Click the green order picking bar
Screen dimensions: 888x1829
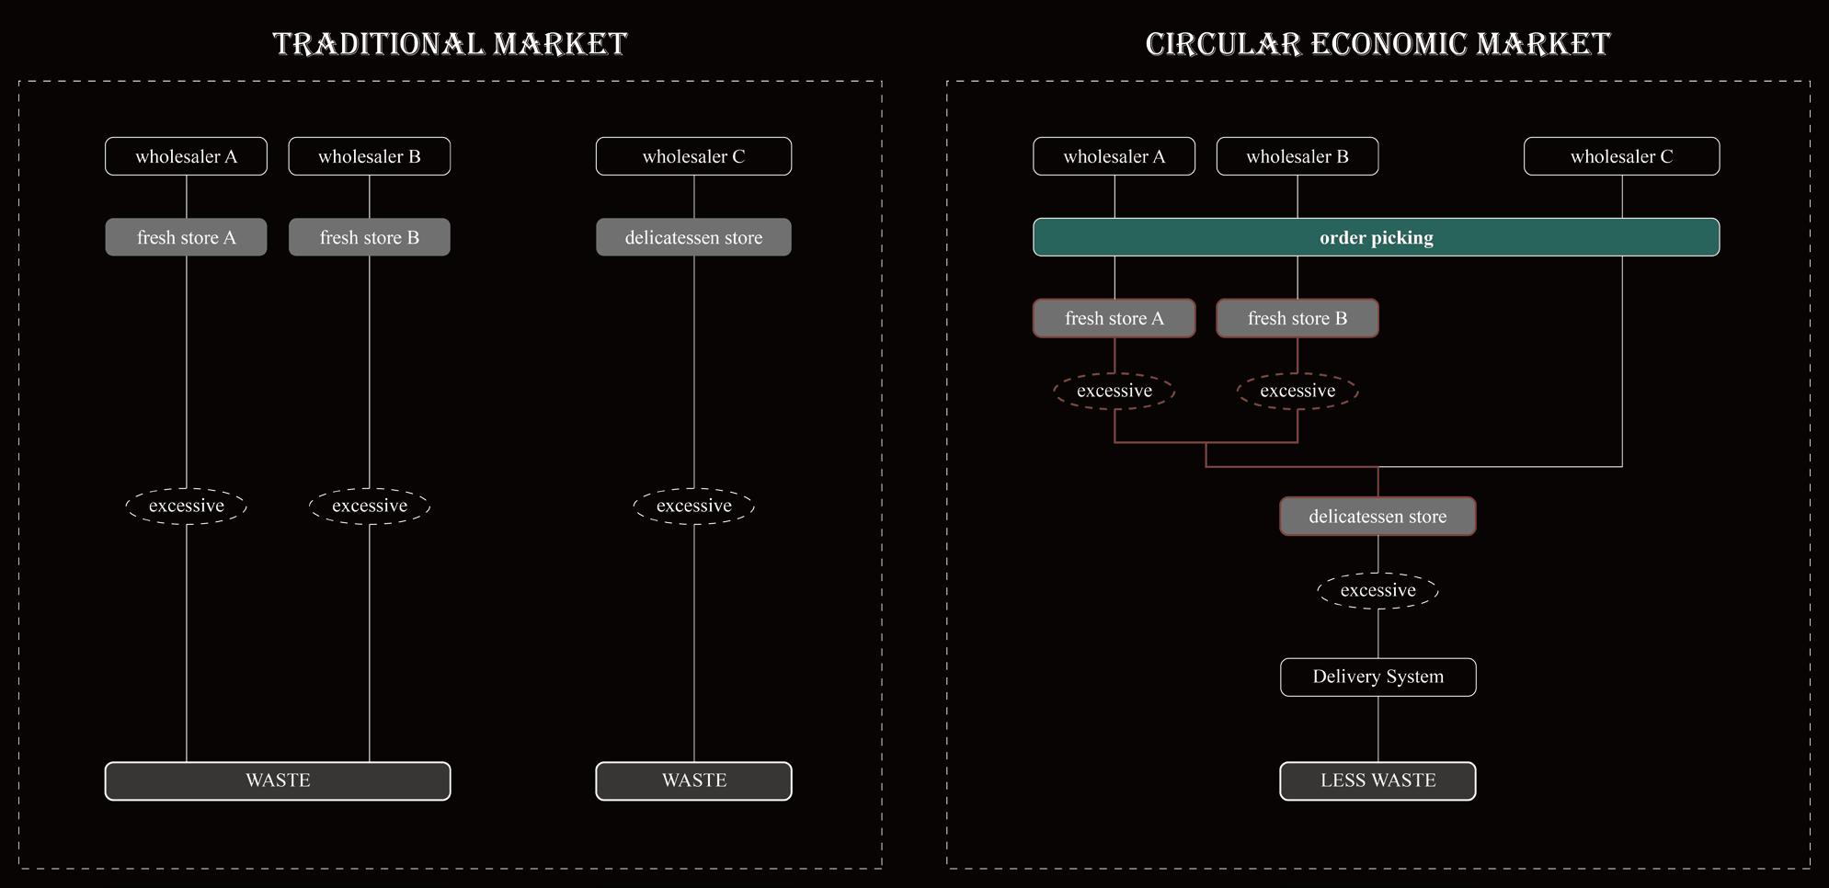(x=1376, y=237)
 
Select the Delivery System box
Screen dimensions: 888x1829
(x=1377, y=677)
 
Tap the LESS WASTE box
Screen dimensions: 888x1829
(x=1377, y=780)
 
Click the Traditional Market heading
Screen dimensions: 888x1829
(x=450, y=43)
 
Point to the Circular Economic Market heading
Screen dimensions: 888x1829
(x=1377, y=43)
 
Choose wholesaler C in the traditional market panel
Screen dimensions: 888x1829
(x=693, y=156)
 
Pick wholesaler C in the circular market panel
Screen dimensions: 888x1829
(x=1621, y=156)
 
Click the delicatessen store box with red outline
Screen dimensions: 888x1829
(x=1377, y=517)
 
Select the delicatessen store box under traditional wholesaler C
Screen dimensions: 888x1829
(x=693, y=237)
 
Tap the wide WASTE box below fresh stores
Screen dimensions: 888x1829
(x=278, y=780)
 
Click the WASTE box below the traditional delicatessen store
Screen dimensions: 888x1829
(x=693, y=780)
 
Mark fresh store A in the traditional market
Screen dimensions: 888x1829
(x=186, y=237)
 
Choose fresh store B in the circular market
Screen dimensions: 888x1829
(x=1297, y=318)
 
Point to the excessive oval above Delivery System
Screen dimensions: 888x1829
(x=1377, y=590)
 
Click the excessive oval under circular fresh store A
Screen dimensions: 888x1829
(x=1114, y=391)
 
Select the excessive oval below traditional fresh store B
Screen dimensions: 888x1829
(x=369, y=506)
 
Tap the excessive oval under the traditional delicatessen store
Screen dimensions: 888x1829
(x=693, y=506)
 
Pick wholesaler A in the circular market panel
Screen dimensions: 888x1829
(x=1114, y=156)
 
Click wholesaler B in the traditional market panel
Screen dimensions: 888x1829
(x=369, y=156)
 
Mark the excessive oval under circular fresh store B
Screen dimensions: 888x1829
(x=1297, y=391)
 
